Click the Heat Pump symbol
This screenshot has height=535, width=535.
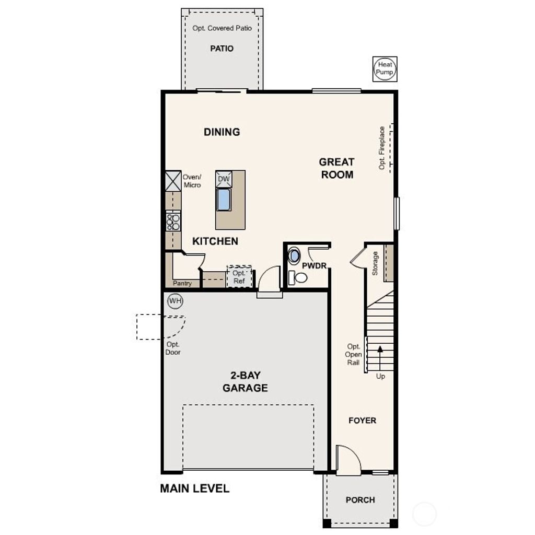(385, 68)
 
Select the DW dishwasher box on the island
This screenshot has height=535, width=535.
(224, 179)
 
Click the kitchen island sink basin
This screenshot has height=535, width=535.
(224, 200)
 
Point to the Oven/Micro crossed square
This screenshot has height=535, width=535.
(173, 181)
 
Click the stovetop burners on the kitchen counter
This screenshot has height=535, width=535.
(173, 222)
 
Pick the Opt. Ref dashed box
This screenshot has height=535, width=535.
(239, 276)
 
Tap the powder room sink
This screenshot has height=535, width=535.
(295, 256)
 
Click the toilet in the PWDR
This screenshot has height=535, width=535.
(298, 277)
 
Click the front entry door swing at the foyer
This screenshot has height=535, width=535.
(347, 460)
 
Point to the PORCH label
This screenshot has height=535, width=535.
(360, 500)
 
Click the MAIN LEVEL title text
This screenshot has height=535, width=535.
(194, 489)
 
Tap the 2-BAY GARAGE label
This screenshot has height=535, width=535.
(245, 382)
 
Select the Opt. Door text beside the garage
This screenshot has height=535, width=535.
(173, 348)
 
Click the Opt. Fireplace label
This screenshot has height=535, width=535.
(382, 148)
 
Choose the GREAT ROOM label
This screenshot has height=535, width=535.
(337, 168)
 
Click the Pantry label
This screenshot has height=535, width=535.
(182, 284)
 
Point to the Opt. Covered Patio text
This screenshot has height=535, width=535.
(222, 28)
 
